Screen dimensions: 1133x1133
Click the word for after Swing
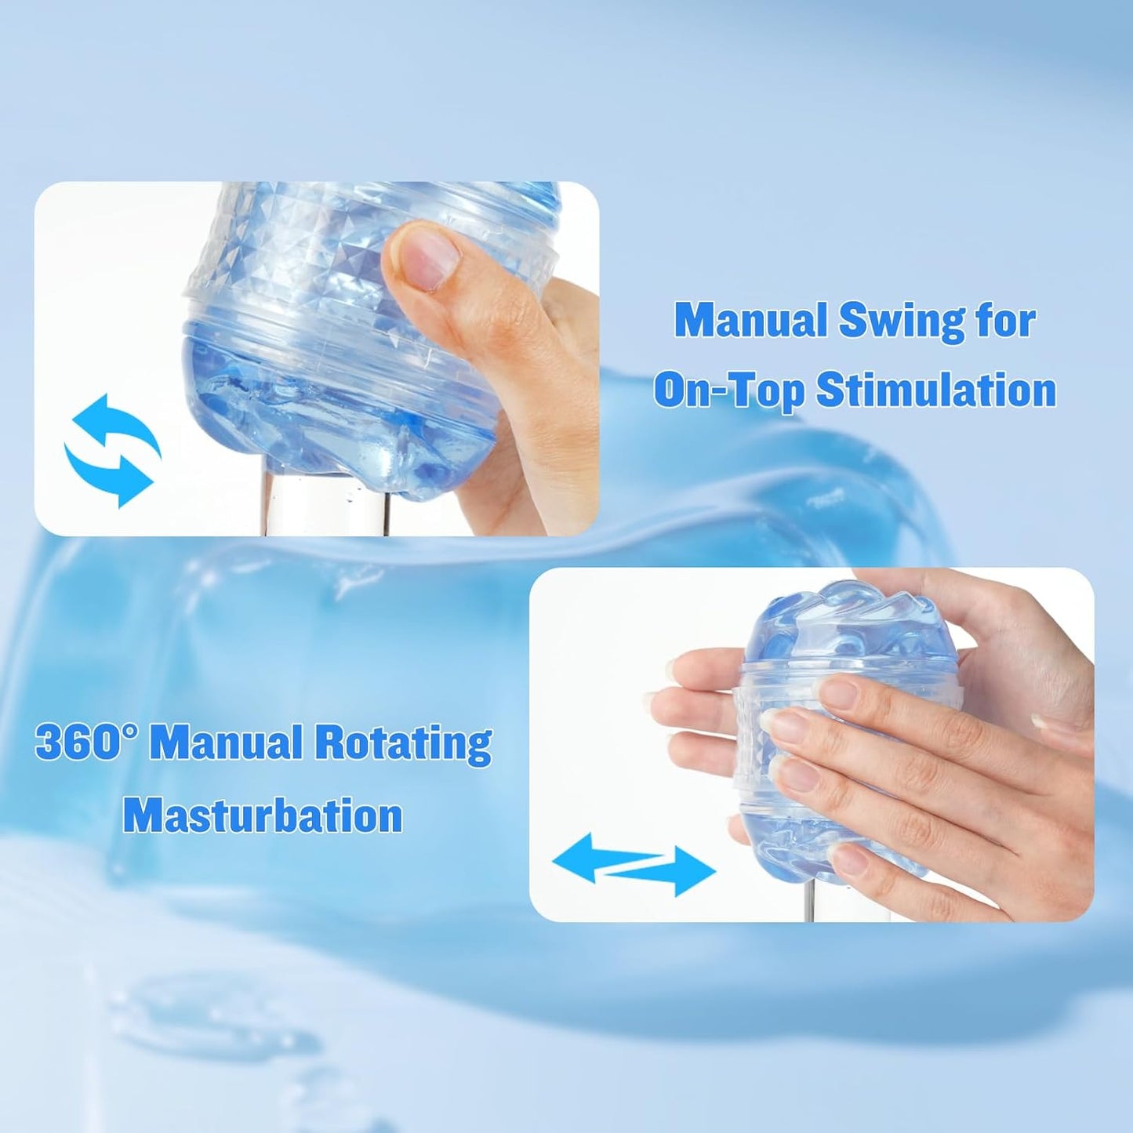click(1005, 321)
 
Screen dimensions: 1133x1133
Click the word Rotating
click(404, 743)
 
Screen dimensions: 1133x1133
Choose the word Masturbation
click(263, 815)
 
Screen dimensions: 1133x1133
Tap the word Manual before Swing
click(750, 321)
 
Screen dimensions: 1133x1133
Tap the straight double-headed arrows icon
click(634, 864)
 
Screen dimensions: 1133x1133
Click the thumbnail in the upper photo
click(427, 254)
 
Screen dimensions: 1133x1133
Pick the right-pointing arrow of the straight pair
click(674, 870)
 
